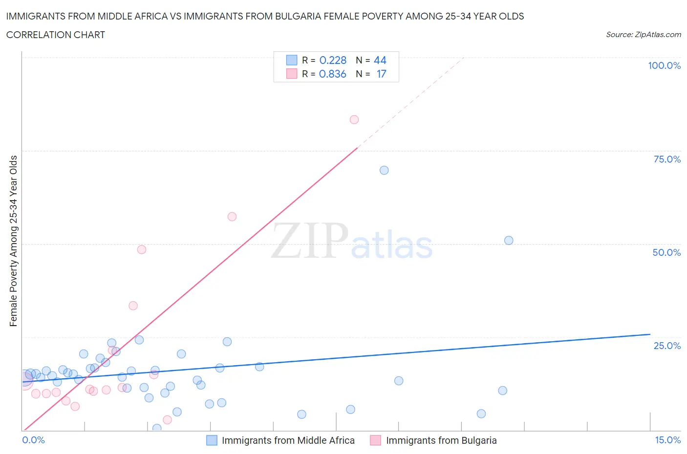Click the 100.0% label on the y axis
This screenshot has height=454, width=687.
pos(664,65)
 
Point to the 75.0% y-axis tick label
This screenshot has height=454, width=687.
pos(667,159)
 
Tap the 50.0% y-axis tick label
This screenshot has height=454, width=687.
pos(666,252)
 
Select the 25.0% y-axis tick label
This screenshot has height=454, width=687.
pos(667,346)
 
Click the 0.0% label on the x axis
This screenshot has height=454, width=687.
pos(33,440)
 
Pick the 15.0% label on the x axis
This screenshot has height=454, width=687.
pos(667,440)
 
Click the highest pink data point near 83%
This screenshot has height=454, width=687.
pos(354,120)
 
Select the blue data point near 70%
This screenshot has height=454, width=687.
pos(384,170)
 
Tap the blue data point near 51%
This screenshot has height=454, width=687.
pos(509,240)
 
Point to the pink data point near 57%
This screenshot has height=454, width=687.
pos(232,217)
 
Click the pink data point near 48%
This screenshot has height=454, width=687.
pos(142,249)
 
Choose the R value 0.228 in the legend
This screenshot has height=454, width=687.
pos(333,60)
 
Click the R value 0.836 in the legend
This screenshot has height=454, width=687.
pos(333,74)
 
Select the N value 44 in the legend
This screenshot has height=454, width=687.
pos(380,60)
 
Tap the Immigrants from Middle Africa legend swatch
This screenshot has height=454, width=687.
pos(212,440)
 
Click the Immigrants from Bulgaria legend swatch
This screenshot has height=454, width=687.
pos(375,440)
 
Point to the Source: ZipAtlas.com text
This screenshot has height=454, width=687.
pos(643,34)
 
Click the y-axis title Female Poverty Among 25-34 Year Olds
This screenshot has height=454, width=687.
pos(13,241)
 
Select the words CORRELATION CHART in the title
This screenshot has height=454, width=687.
pos(56,35)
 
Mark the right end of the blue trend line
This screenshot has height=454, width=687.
pos(650,334)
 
